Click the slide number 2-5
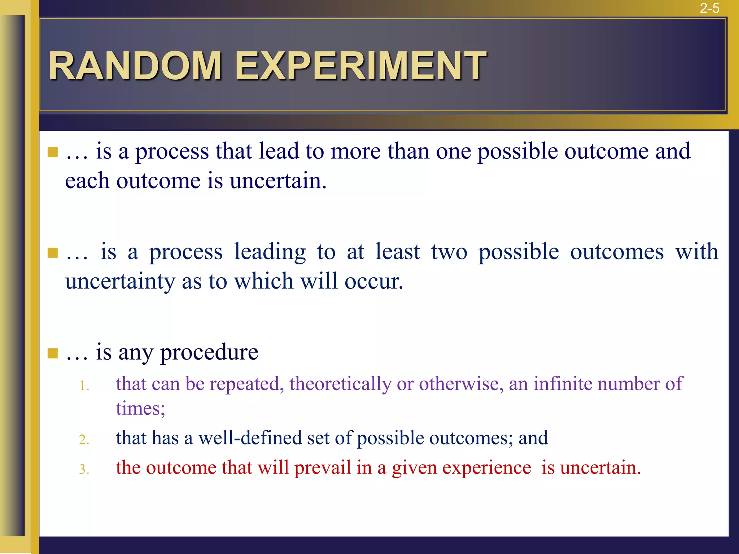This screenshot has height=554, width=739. (709, 8)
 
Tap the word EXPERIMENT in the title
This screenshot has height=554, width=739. (360, 66)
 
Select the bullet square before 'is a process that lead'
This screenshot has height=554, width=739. (53, 152)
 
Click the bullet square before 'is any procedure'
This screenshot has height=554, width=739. (53, 353)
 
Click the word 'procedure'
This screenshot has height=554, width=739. (209, 352)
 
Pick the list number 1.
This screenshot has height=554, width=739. (84, 386)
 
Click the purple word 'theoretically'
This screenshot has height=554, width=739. (340, 384)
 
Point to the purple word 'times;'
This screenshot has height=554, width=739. (140, 409)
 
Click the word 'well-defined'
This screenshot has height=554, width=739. (250, 438)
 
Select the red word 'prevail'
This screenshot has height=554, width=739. (322, 468)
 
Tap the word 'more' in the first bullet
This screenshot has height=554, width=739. (355, 151)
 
